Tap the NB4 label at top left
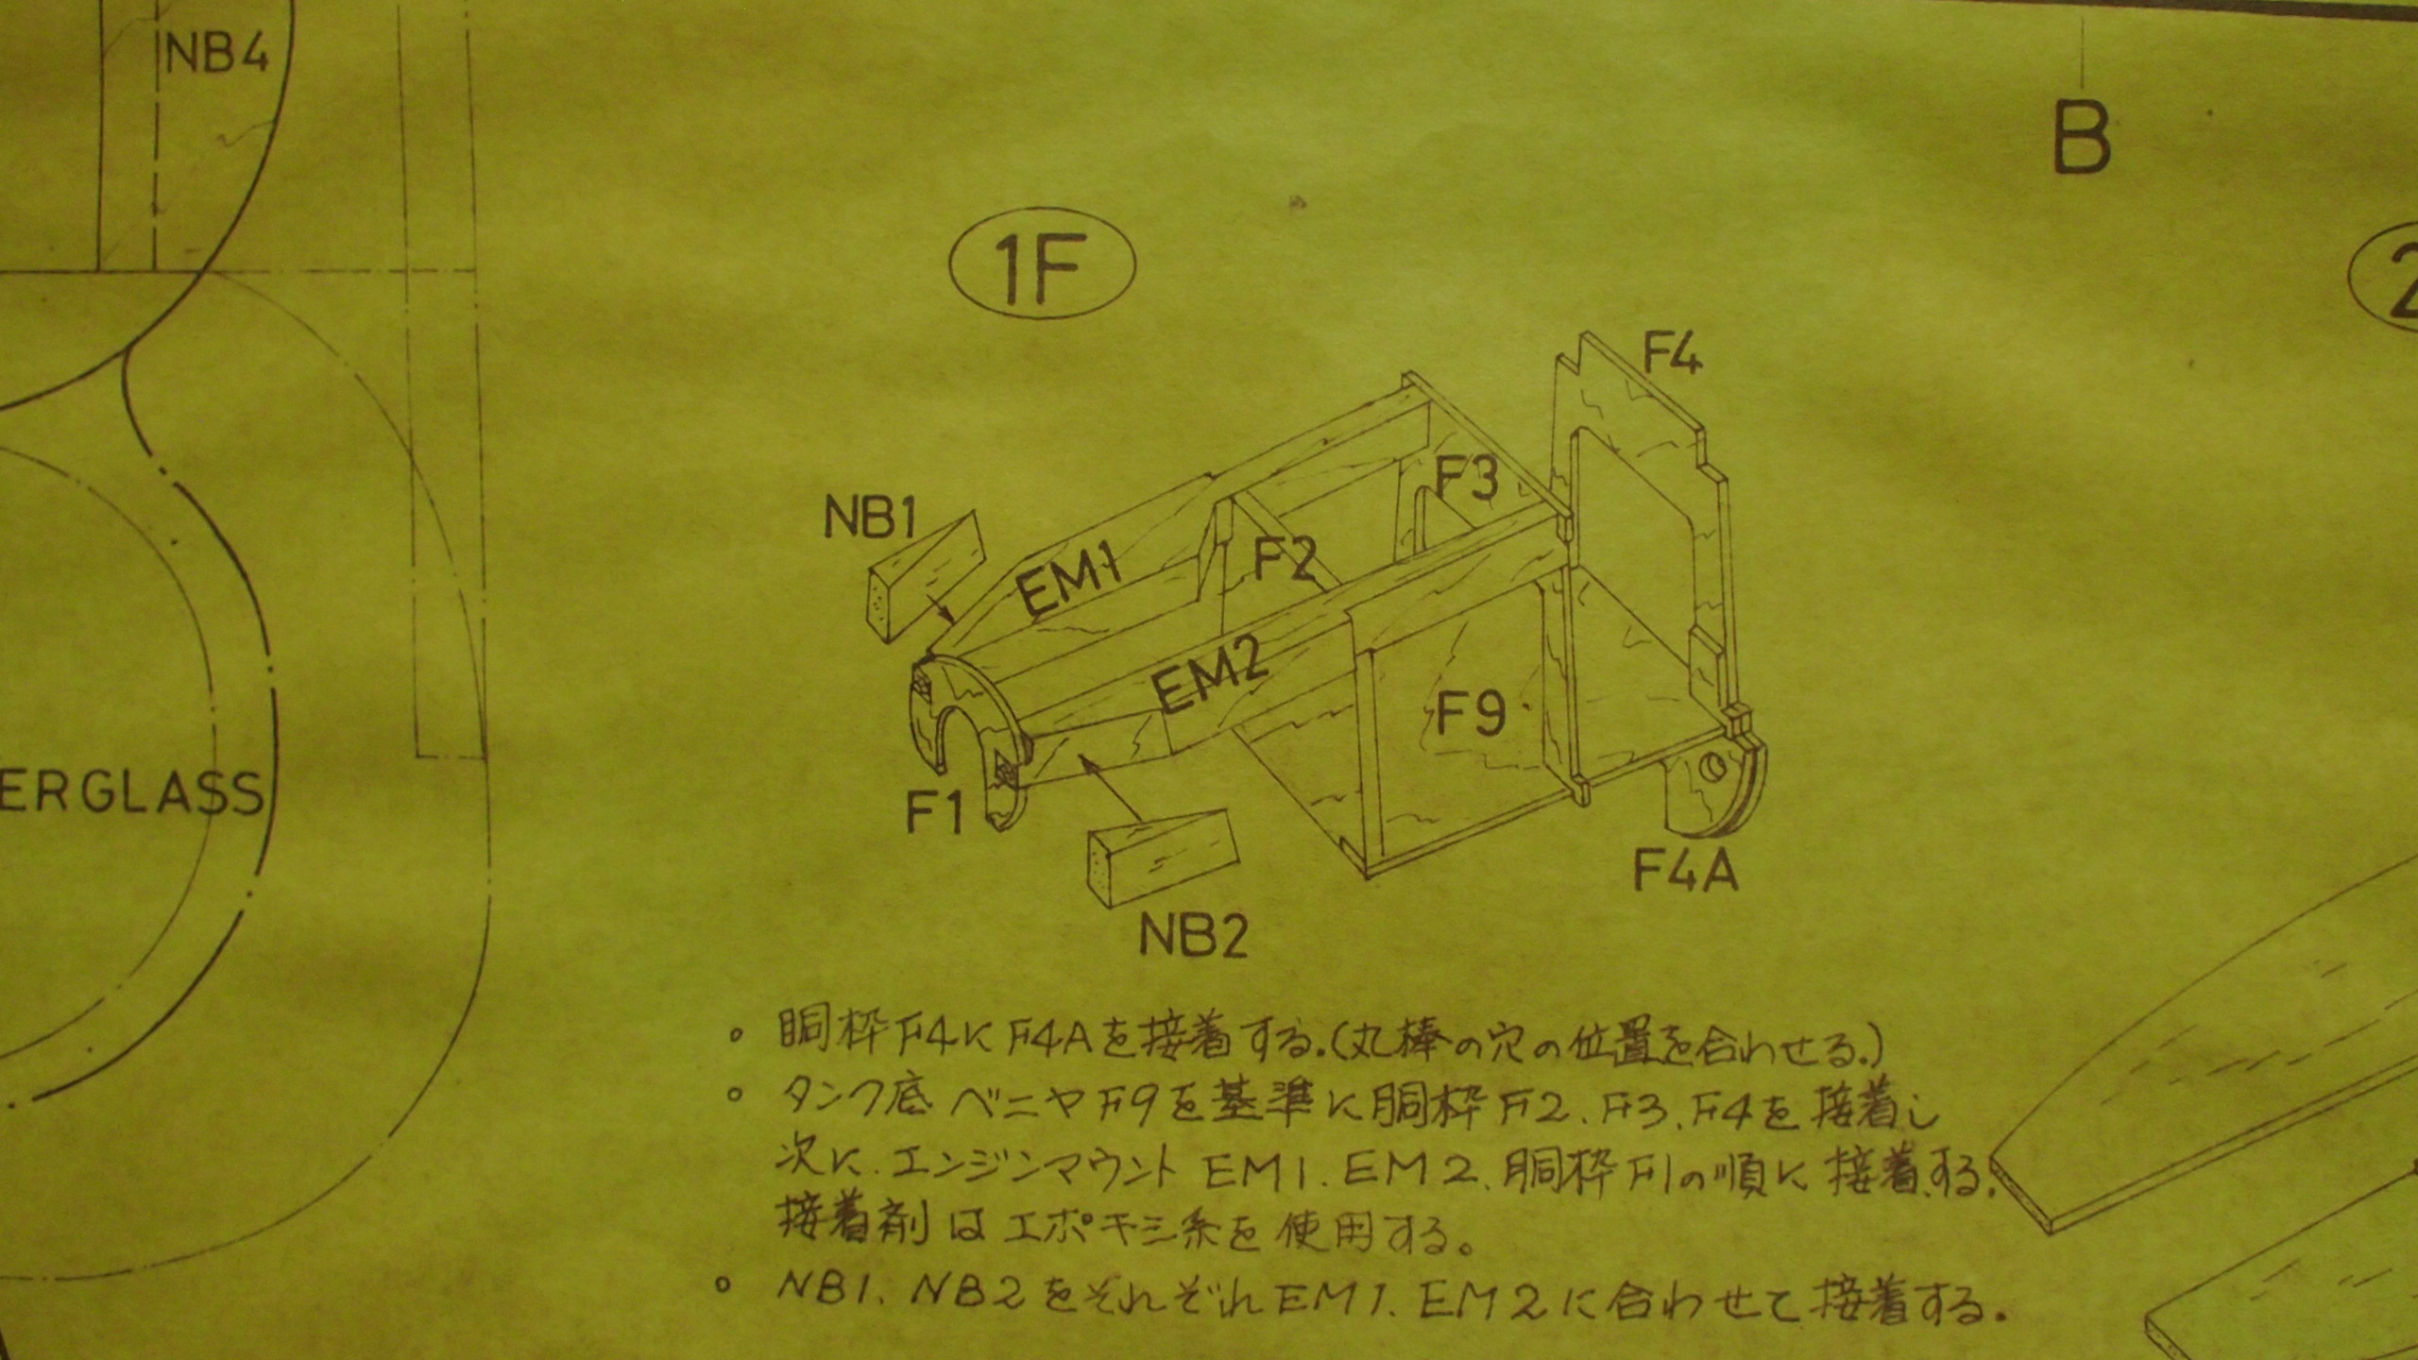pos(216,54)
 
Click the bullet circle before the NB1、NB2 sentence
pos(724,1284)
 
